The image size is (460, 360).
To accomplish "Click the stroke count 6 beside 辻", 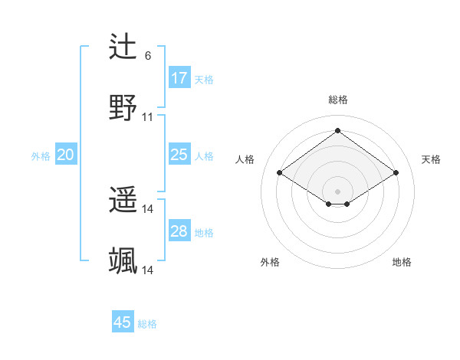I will [148, 56].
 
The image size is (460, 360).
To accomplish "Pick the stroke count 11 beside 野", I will [148, 117].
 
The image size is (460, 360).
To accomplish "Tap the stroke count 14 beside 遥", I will [148, 209].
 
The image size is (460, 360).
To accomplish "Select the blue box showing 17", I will [179, 78].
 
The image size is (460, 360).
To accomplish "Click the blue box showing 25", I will [179, 155].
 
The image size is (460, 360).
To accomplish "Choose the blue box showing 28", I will [179, 231].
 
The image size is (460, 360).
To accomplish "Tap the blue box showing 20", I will [65, 155].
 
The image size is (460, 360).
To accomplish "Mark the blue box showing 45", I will [123, 322].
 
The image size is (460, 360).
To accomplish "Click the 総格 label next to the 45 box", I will [147, 324].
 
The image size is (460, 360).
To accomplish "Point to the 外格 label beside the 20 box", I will [41, 155].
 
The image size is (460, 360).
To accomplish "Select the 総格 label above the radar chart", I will [337, 100].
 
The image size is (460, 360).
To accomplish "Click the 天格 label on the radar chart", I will [431, 159].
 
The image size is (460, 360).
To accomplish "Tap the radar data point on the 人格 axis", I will [280, 173].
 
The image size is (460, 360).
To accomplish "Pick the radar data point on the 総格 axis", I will [337, 130].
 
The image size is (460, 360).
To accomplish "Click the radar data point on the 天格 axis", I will [396, 173].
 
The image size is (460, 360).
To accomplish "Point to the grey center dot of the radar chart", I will [337, 191].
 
